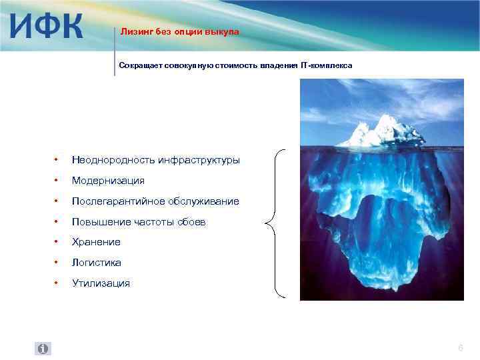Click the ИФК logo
47,26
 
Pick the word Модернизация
108,181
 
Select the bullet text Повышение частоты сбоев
139,221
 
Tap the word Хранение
96,242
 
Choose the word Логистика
97,263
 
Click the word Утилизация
101,283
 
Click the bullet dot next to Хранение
57,242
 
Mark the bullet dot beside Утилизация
57,283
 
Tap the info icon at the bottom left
42,349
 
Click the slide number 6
460,348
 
